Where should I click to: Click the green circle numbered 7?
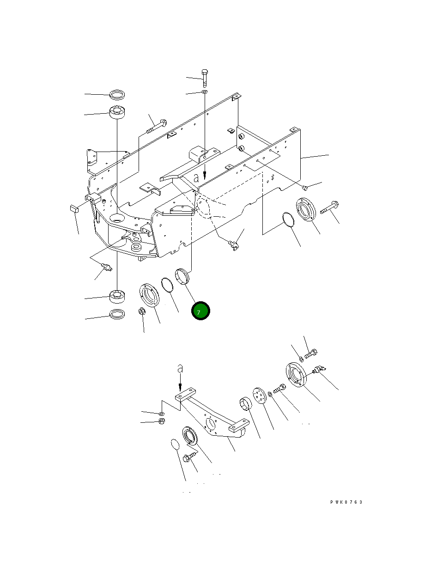point(200,311)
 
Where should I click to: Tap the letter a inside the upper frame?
point(196,178)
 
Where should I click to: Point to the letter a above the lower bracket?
point(180,369)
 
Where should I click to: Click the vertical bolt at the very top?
point(205,79)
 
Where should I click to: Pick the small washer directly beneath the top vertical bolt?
point(205,92)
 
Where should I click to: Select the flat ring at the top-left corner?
point(117,95)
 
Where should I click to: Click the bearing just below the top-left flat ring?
point(117,112)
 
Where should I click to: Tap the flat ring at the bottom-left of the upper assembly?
point(117,314)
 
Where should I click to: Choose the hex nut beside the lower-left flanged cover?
point(142,311)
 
